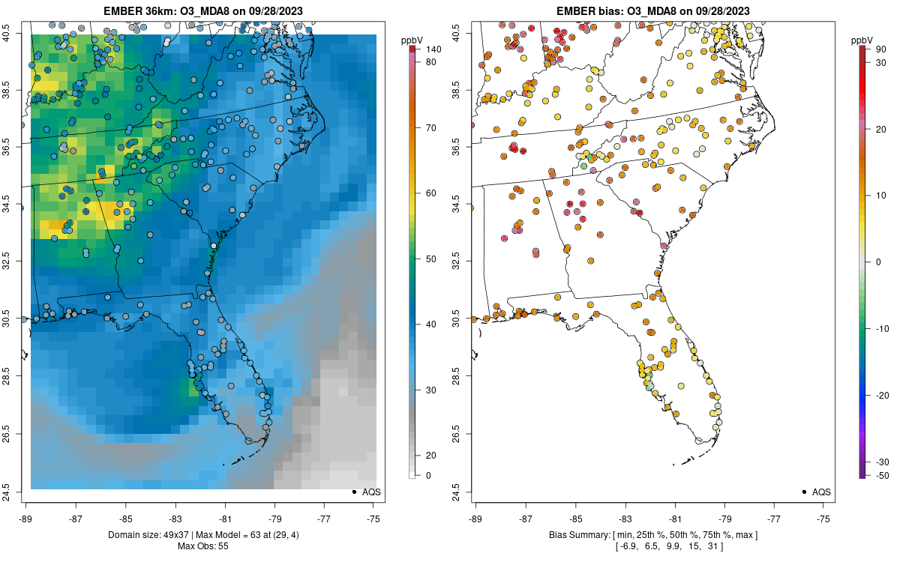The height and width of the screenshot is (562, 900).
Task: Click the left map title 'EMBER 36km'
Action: tap(138, 11)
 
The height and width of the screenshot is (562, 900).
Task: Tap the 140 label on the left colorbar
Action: tap(433, 49)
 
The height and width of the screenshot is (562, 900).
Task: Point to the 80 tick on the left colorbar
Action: tap(432, 62)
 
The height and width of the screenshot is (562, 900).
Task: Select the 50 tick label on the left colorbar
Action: tap(432, 259)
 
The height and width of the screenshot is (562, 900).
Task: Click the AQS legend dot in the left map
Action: tap(354, 492)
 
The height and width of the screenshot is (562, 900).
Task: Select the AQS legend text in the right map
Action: tap(822, 492)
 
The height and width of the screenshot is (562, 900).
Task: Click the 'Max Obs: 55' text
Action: tap(202, 546)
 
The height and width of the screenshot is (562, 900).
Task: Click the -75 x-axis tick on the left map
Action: tap(373, 518)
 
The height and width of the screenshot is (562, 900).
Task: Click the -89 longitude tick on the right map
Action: tap(475, 518)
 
